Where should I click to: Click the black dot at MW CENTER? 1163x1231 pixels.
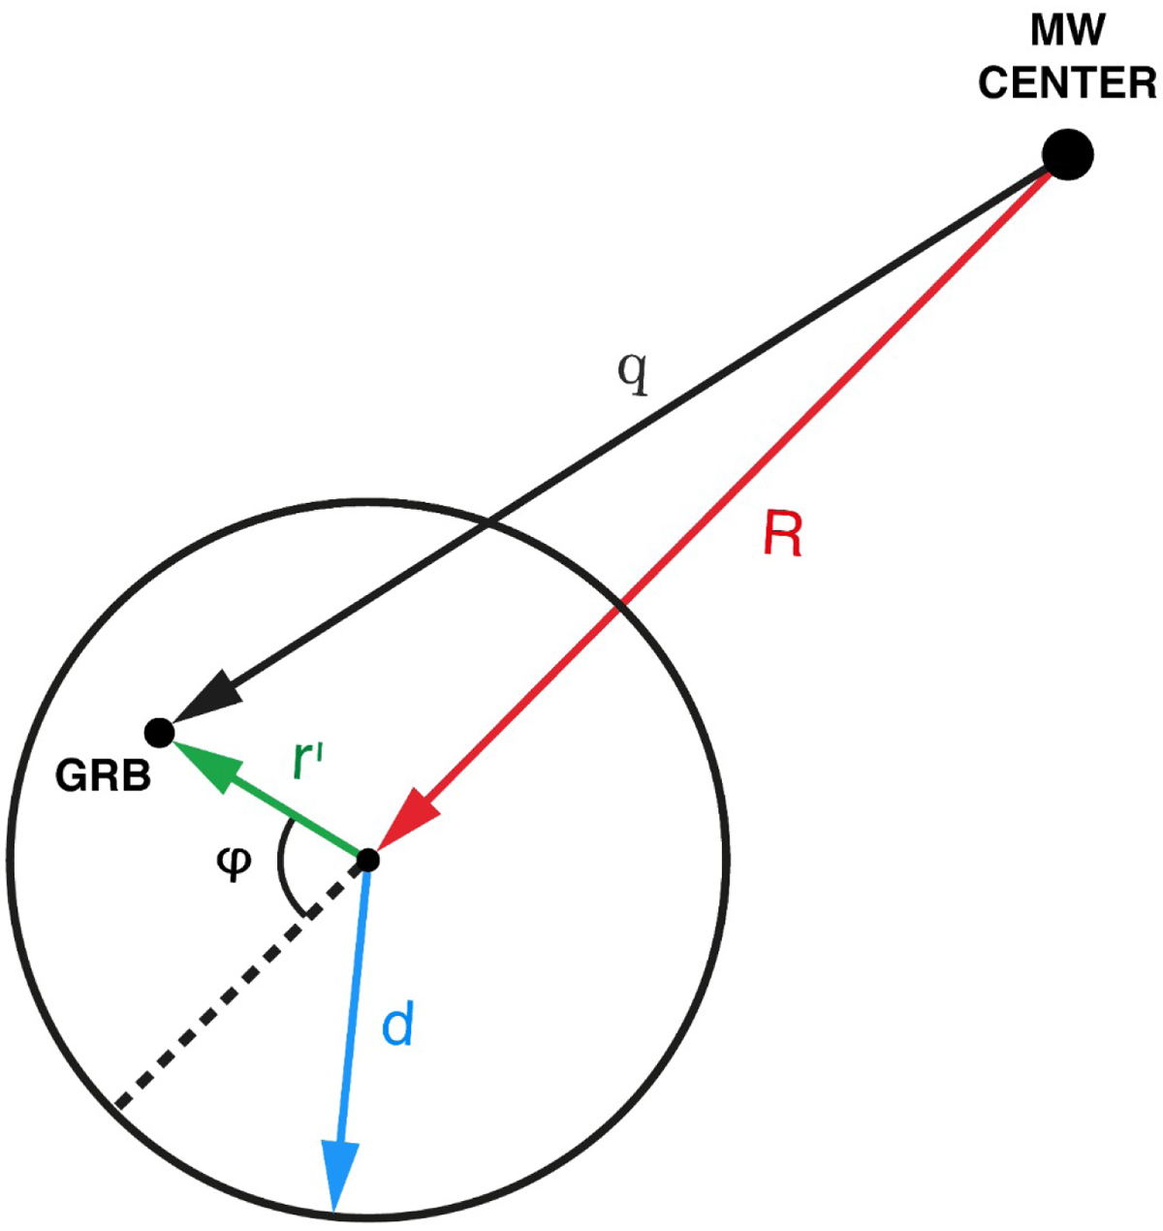(1067, 154)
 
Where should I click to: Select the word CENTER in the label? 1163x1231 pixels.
(1067, 83)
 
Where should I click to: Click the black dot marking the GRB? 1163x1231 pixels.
(159, 732)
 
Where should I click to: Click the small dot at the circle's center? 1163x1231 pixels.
(367, 859)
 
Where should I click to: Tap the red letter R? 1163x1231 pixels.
(783, 534)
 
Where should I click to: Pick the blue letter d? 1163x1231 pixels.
(397, 1026)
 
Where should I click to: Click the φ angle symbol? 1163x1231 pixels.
(233, 863)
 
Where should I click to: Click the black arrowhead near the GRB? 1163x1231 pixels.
(204, 699)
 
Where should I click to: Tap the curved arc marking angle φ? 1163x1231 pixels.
(281, 863)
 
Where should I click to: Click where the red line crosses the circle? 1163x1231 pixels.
(619, 608)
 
